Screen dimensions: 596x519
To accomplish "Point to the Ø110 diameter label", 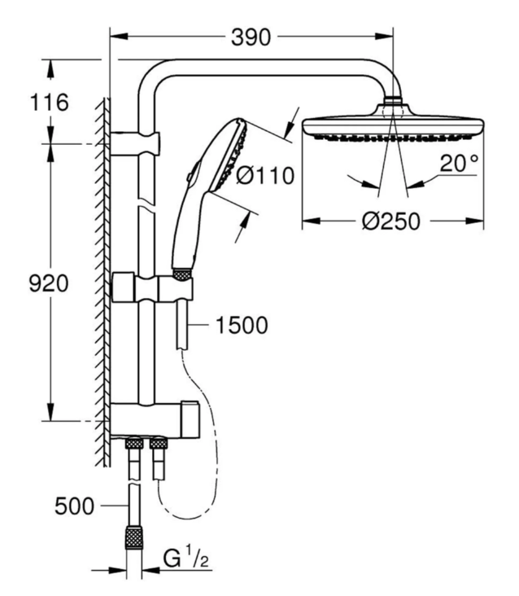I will click(x=264, y=174).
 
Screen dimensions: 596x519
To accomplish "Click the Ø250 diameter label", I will click(x=392, y=222).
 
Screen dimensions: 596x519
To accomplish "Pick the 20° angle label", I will click(x=460, y=162).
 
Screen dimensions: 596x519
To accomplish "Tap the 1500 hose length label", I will click(x=242, y=326).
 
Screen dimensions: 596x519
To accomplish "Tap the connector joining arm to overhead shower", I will click(x=393, y=103).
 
